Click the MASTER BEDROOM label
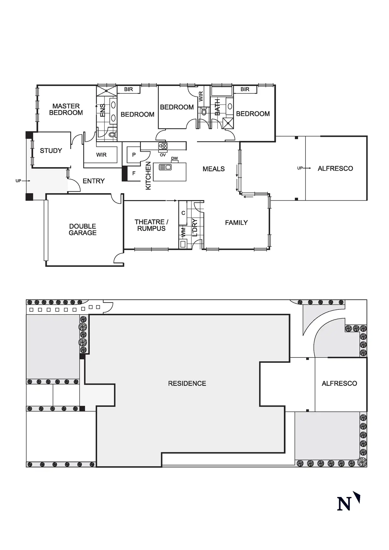[x=66, y=109]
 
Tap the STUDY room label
[x=51, y=151]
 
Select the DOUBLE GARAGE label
[x=83, y=230]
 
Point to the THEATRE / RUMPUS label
[x=151, y=225]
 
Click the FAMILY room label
[x=236, y=223]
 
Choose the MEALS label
[x=214, y=169]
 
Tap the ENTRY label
[x=93, y=181]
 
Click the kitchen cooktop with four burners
[x=163, y=146]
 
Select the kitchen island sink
[x=165, y=167]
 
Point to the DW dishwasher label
[x=174, y=158]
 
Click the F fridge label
[x=134, y=173]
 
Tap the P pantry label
[x=134, y=155]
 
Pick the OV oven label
[x=163, y=155]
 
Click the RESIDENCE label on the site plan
[x=187, y=383]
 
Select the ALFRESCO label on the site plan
[x=339, y=383]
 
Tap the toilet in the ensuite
[x=112, y=135]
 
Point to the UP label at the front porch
[x=18, y=181]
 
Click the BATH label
[x=217, y=107]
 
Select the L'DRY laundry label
[x=194, y=227]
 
